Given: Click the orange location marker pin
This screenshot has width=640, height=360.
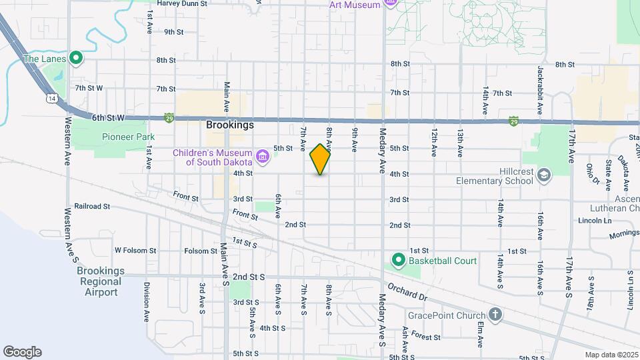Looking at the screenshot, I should tap(320, 159).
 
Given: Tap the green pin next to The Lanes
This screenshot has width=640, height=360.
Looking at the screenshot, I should tap(75, 59).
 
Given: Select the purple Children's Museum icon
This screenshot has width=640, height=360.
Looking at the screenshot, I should tap(263, 157).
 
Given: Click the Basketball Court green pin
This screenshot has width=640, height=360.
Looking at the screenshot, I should tap(399, 260).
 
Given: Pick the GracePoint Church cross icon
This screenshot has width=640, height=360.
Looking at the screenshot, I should tap(495, 313).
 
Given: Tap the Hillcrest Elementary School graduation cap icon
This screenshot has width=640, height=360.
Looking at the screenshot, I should tap(544, 175).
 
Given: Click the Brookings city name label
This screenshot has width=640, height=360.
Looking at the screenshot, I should tap(230, 125).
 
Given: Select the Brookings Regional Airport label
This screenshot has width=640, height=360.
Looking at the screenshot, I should tap(101, 281).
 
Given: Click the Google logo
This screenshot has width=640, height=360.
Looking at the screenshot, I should tap(22, 352).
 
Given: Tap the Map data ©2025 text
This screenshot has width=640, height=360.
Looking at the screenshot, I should tap(611, 355).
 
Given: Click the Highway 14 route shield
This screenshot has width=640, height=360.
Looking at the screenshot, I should tap(52, 99).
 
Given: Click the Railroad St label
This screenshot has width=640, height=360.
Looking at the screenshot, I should tap(92, 207).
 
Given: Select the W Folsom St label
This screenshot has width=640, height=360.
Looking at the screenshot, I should tap(135, 251).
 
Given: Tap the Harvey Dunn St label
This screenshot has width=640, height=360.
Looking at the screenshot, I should tap(182, 3).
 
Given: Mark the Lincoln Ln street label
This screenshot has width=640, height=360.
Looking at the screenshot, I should tap(595, 220).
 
